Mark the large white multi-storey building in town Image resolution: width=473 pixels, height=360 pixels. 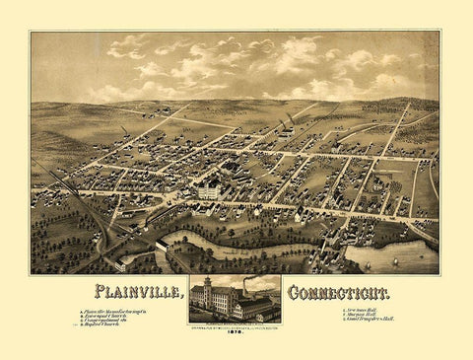point(209,190)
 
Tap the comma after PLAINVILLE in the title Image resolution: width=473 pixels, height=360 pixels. point(184,298)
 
